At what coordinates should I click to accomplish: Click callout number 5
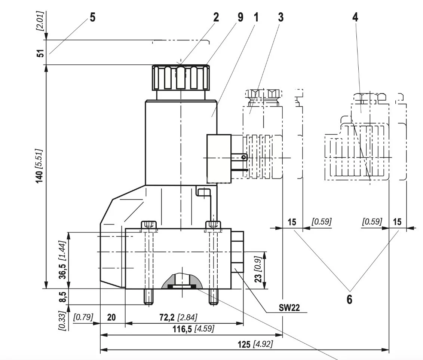coord(92,17)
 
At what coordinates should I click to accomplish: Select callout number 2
coord(216,17)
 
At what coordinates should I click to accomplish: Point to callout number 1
coord(256,17)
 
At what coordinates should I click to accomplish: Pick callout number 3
coord(281,17)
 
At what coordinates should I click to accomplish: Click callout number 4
coord(355,17)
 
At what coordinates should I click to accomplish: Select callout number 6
coord(349,299)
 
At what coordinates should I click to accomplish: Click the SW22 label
coord(289,308)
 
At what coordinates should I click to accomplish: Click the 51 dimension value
coord(41,52)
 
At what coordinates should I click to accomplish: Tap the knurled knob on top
coord(180,77)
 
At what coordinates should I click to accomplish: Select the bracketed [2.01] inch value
coord(41,21)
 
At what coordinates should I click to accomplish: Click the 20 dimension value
coord(111,318)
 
